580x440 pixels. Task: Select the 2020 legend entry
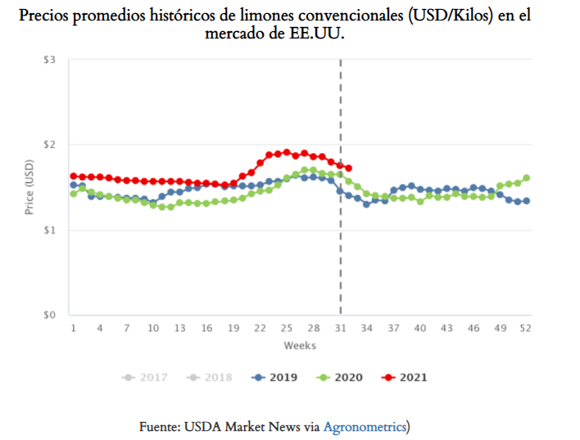(341, 378)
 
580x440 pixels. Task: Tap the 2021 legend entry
(406, 378)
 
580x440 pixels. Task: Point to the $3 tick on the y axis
(50, 61)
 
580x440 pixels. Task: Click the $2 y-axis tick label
(50, 146)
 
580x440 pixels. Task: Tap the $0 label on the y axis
(50, 315)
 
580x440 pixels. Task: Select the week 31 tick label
(339, 328)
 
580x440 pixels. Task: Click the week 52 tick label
(526, 328)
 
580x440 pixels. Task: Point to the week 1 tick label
(73, 328)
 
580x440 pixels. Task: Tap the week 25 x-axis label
(286, 328)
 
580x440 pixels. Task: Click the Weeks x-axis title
(300, 346)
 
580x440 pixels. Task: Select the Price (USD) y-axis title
(29, 188)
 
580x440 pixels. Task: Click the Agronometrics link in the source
(365, 426)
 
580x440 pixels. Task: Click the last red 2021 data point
(349, 168)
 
